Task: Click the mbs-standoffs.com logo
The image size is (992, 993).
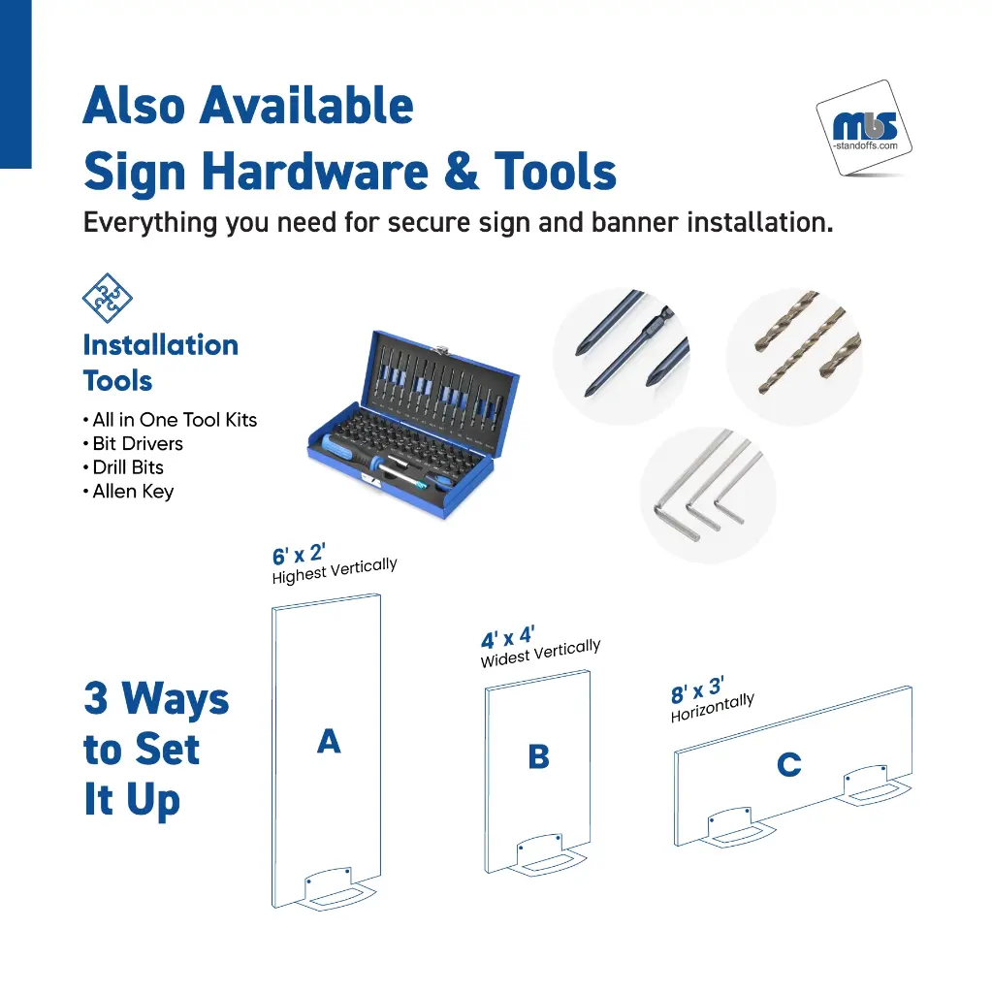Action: point(864,128)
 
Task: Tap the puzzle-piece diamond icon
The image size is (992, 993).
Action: point(107,298)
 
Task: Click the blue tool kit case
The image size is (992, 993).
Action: point(414,424)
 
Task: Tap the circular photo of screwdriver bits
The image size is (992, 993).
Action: point(622,357)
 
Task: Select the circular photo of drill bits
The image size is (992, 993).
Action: point(794,357)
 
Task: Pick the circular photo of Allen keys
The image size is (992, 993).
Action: point(708,496)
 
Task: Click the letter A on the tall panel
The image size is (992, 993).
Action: point(329,741)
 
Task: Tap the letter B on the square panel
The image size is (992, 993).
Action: point(538,756)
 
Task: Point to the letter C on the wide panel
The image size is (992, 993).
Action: point(789,764)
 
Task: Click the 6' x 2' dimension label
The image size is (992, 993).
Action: point(299,554)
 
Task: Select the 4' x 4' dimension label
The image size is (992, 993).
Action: point(507,637)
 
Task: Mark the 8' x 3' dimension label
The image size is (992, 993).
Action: point(697,690)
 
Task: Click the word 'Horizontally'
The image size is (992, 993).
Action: point(713,707)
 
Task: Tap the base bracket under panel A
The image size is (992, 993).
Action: point(336,890)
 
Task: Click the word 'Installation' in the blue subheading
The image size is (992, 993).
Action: point(161,345)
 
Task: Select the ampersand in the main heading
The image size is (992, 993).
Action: point(462,171)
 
